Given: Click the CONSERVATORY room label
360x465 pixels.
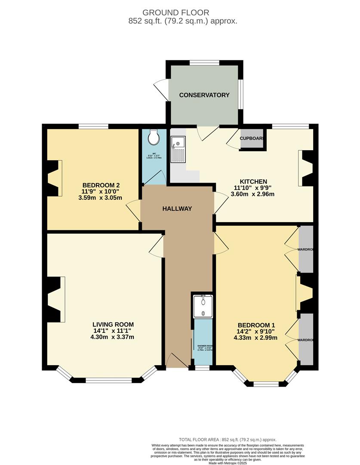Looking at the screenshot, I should tap(204, 95).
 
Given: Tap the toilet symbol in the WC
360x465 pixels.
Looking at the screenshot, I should tap(153, 138).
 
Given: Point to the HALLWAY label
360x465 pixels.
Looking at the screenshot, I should tap(177, 209).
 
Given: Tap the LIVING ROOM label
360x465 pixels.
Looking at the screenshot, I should tap(113, 325).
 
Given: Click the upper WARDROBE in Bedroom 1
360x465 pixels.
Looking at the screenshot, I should tap(306, 249).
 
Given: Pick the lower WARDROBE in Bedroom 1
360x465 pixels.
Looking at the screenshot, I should tap(306, 340).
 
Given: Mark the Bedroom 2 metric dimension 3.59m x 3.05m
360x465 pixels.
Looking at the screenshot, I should tap(100, 198).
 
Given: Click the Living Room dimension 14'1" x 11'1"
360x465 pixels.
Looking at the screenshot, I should tap(113, 331).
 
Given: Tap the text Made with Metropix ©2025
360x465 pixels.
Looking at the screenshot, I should tap(228, 463).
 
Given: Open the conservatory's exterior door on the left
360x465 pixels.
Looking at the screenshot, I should tap(161, 89).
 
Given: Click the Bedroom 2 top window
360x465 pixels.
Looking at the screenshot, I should tap(93, 126).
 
